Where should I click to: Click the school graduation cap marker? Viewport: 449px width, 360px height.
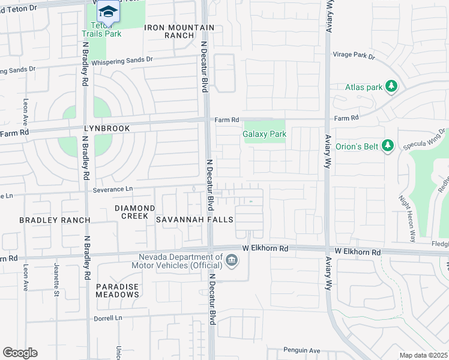pyautogui.click(x=108, y=11)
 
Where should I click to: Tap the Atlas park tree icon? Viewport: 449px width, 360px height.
pyautogui.click(x=391, y=87)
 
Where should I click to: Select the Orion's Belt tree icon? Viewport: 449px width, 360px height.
pyautogui.click(x=388, y=145)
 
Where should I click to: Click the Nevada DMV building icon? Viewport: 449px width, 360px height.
pyautogui.click(x=232, y=260)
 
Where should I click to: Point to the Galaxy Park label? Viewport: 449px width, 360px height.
pyautogui.click(x=264, y=134)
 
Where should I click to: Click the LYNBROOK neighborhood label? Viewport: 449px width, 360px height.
pyautogui.click(x=107, y=129)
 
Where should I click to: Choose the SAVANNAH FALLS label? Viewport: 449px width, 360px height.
pyautogui.click(x=194, y=220)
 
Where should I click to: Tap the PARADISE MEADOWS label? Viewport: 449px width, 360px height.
pyautogui.click(x=118, y=290)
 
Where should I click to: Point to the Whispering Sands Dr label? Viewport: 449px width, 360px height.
pyautogui.click(x=123, y=60)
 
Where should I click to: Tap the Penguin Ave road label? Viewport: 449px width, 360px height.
pyautogui.click(x=302, y=350)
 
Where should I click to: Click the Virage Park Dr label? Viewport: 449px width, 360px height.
pyautogui.click(x=354, y=56)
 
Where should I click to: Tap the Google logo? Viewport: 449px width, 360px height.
pyautogui.click(x=20, y=353)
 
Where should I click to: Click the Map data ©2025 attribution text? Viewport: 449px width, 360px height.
pyautogui.click(x=423, y=355)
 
